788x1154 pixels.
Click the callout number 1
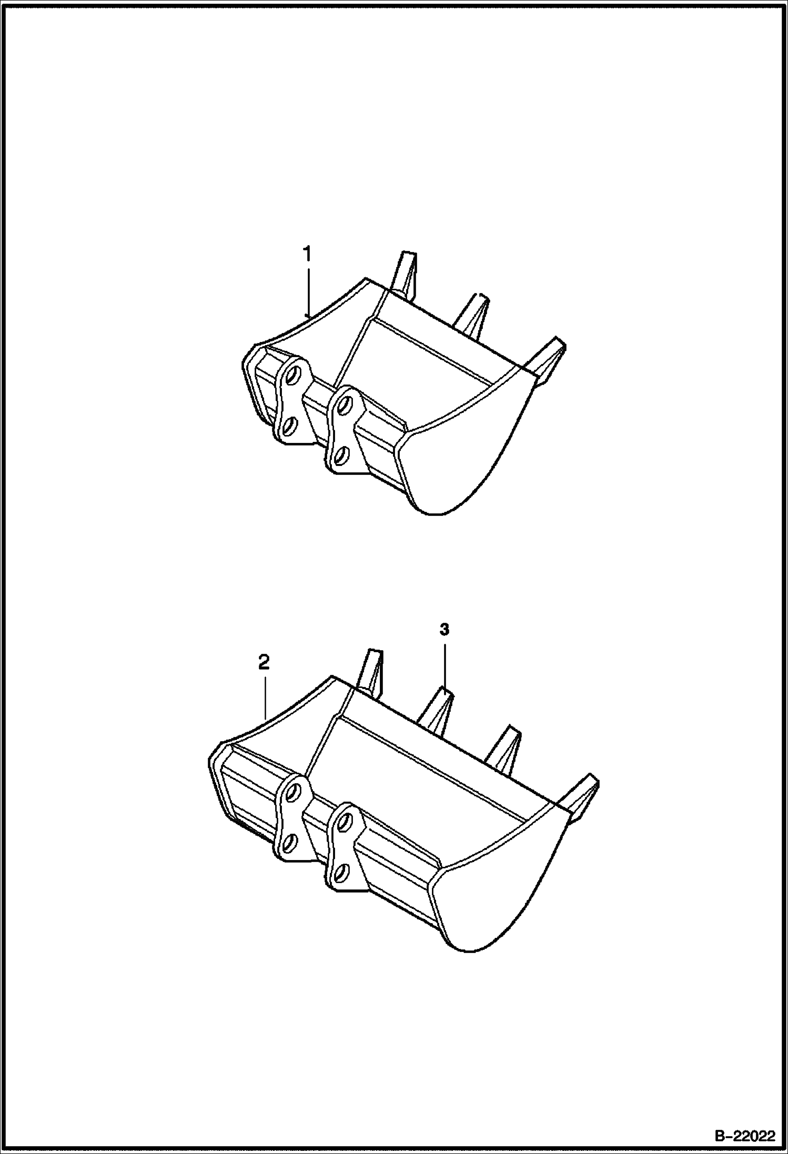coord(307,255)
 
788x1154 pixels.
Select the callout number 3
coord(444,630)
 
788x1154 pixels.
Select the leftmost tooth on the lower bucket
coord(370,673)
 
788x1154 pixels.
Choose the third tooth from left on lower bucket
coord(504,750)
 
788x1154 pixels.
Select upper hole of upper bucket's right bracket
coord(345,405)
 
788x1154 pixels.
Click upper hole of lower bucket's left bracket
coord(294,791)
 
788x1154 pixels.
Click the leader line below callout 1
coord(308,292)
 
